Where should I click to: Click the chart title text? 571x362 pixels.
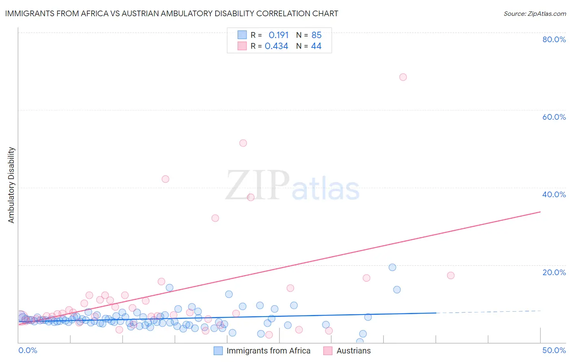[x=171, y=13]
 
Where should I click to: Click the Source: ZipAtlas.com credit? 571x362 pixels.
[x=534, y=14]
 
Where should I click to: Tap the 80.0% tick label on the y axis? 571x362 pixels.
[x=554, y=39]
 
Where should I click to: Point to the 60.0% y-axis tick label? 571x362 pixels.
[x=554, y=117]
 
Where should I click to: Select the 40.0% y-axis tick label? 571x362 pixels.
[x=554, y=194]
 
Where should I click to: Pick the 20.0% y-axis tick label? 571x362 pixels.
[x=554, y=272]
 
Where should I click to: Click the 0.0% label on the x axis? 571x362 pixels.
[x=28, y=350]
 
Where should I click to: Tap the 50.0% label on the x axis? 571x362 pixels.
[x=554, y=350]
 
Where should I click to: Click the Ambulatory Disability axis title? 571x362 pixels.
[x=11, y=185]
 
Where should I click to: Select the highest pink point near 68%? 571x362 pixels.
[x=403, y=77]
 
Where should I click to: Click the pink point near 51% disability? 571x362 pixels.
[x=243, y=143]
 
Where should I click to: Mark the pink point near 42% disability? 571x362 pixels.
[x=165, y=179]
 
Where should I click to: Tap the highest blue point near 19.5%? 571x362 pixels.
[x=392, y=267]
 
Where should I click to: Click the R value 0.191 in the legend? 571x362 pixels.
[x=279, y=35]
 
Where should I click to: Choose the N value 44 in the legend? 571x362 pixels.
[x=316, y=46]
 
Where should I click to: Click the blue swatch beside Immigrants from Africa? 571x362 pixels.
[x=218, y=351]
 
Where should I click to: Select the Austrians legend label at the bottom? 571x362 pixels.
[x=353, y=351]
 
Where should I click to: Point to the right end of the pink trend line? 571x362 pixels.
[x=540, y=212]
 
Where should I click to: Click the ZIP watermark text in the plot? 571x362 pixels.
[x=257, y=185]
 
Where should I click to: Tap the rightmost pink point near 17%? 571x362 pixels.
[x=450, y=275]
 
